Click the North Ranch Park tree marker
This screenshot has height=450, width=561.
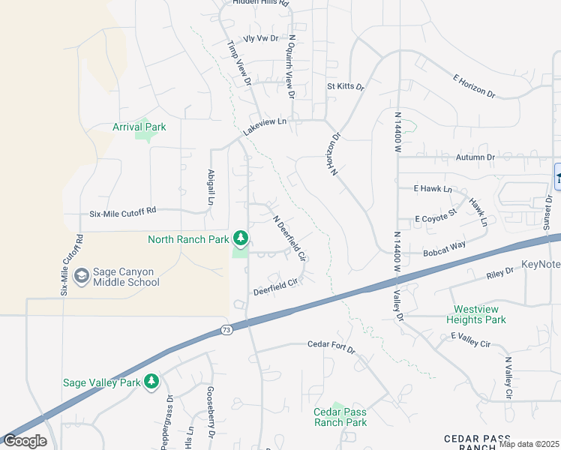click(240, 239)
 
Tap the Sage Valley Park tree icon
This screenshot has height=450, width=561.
click(151, 382)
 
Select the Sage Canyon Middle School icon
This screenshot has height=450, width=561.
click(82, 277)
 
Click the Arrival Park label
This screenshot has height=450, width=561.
click(139, 127)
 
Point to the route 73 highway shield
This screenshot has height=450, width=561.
click(226, 329)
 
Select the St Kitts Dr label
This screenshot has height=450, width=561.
click(345, 87)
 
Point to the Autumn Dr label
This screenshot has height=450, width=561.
click(475, 157)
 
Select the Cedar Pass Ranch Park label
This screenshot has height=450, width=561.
click(340, 417)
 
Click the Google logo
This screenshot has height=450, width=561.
click(24, 441)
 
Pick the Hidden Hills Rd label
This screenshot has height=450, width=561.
click(260, 3)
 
